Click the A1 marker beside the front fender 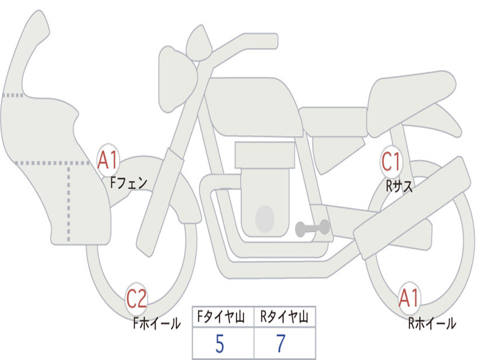pyautogui.click(x=108, y=160)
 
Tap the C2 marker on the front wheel pyautogui.click(x=136, y=299)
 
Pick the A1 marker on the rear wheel pyautogui.click(x=409, y=298)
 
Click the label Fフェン pyautogui.click(x=128, y=182)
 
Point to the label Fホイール pyautogui.click(x=157, y=323)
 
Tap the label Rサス pyautogui.click(x=399, y=186)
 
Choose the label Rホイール pyautogui.click(x=431, y=323)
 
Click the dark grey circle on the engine pyautogui.click(x=265, y=218)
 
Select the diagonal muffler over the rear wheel pyautogui.click(x=412, y=206)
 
